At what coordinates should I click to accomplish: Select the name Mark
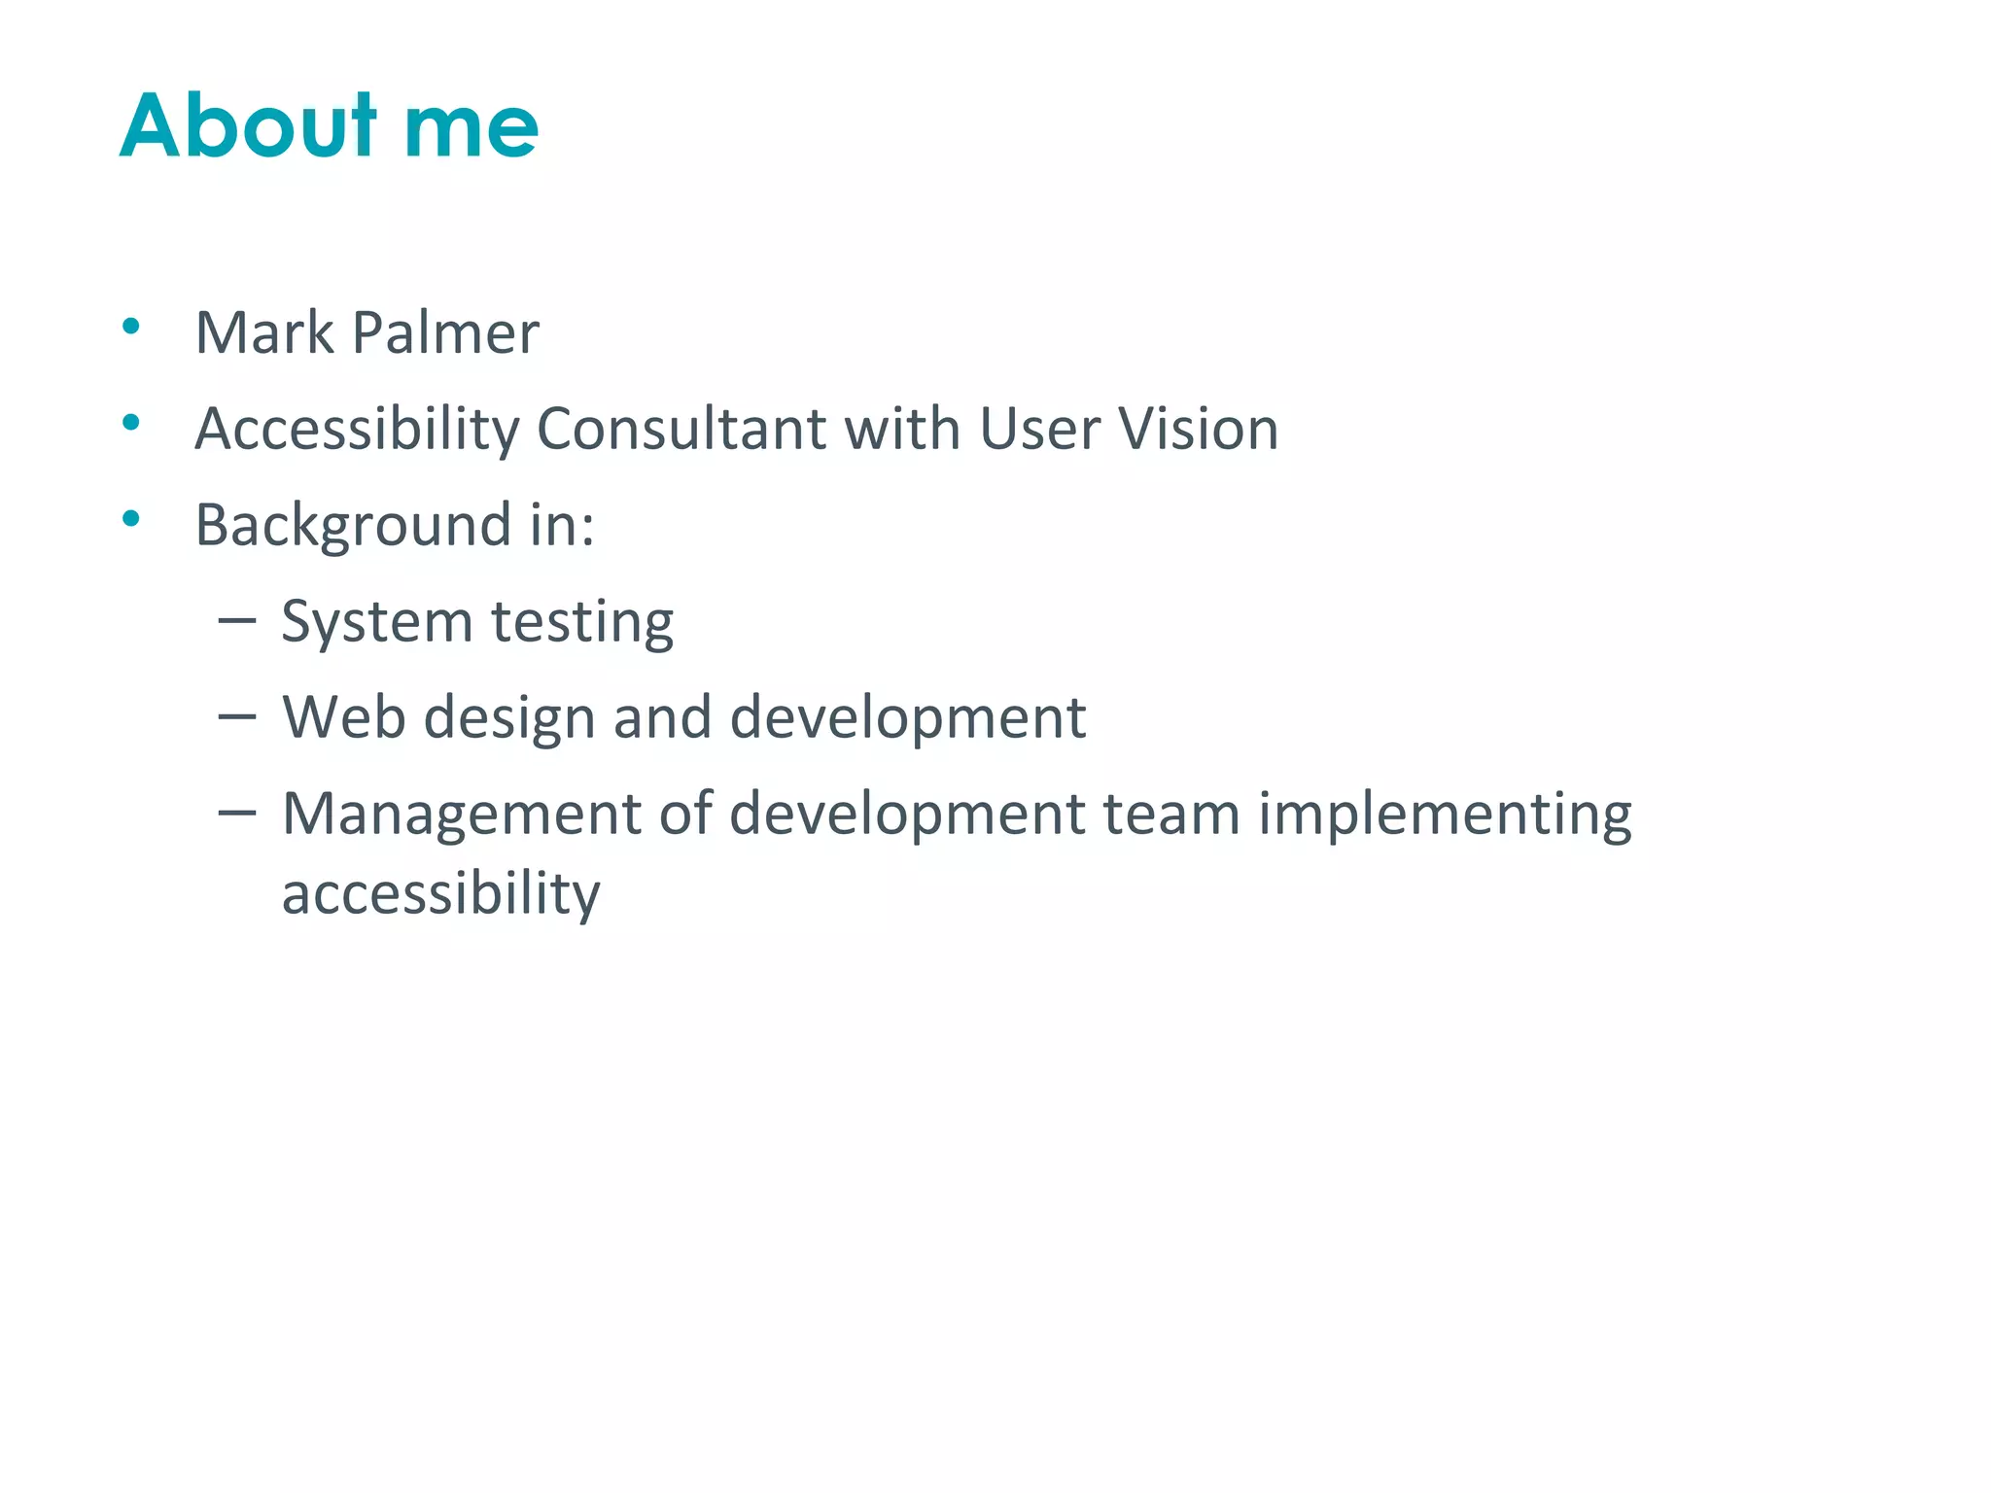[264, 332]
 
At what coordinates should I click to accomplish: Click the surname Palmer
[444, 332]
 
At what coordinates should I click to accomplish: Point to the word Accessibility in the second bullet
[357, 430]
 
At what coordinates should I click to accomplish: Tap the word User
[1039, 429]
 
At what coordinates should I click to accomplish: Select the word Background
[353, 526]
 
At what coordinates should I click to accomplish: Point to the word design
[508, 719]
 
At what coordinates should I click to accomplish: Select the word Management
[462, 815]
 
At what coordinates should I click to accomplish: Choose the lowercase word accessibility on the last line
[440, 894]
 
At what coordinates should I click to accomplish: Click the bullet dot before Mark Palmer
[131, 326]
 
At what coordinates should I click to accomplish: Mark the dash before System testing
[237, 619]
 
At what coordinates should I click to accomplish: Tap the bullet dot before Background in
[131, 518]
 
